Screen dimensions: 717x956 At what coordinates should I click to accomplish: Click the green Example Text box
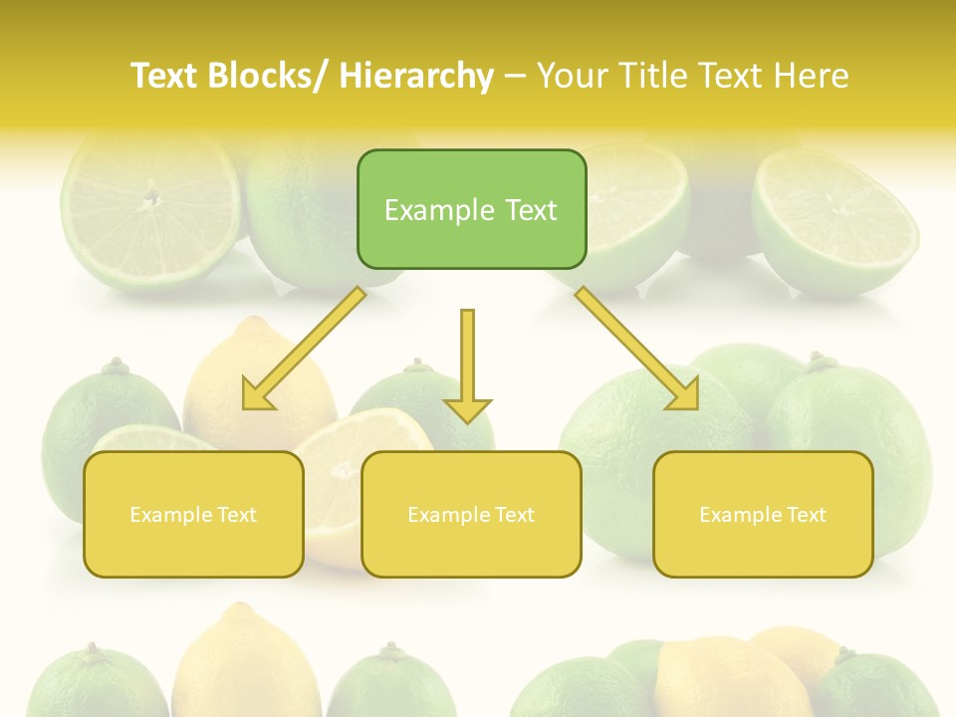pyautogui.click(x=471, y=209)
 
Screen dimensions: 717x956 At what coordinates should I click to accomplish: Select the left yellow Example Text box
pyautogui.click(x=193, y=514)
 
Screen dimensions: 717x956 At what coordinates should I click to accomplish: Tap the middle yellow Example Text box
pyautogui.click(x=471, y=514)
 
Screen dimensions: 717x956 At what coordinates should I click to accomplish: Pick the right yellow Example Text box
pyautogui.click(x=763, y=514)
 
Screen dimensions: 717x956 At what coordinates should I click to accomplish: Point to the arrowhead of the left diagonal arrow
pyautogui.click(x=256, y=397)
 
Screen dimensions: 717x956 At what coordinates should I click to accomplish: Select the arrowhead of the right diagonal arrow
pyautogui.click(x=684, y=396)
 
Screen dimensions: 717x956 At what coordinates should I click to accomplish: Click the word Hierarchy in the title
pyautogui.click(x=416, y=76)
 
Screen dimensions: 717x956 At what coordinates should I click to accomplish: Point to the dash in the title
pyautogui.click(x=515, y=76)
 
